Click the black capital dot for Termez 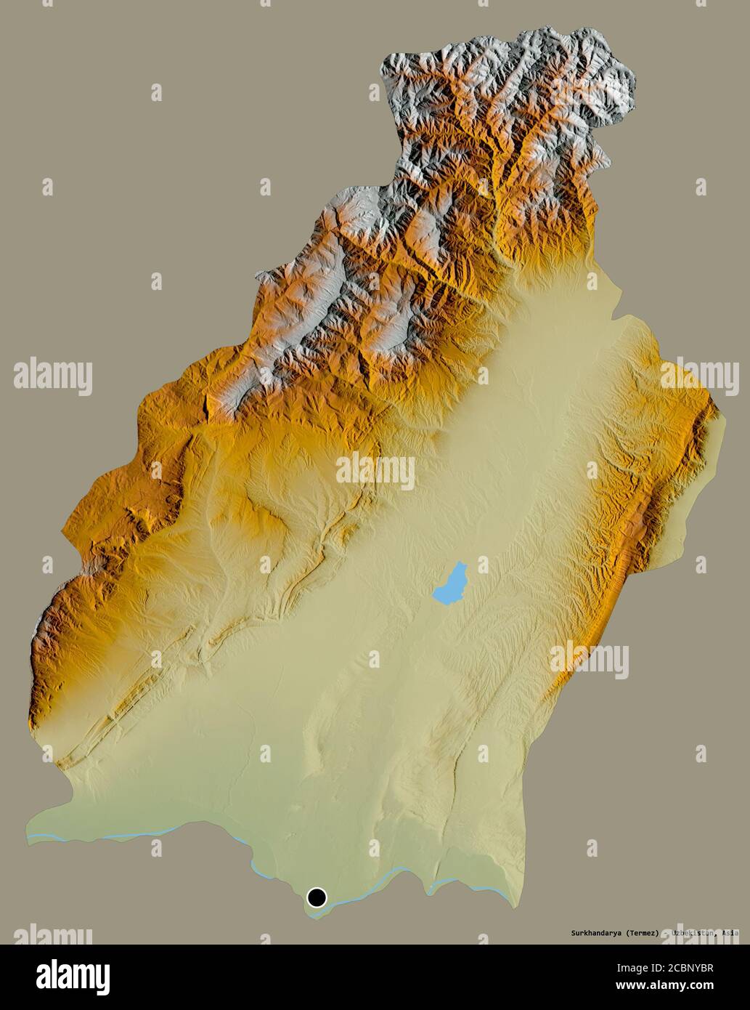tap(317, 897)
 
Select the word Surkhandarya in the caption tap(594, 932)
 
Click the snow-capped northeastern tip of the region tap(617, 73)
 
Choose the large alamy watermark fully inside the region tap(375, 472)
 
